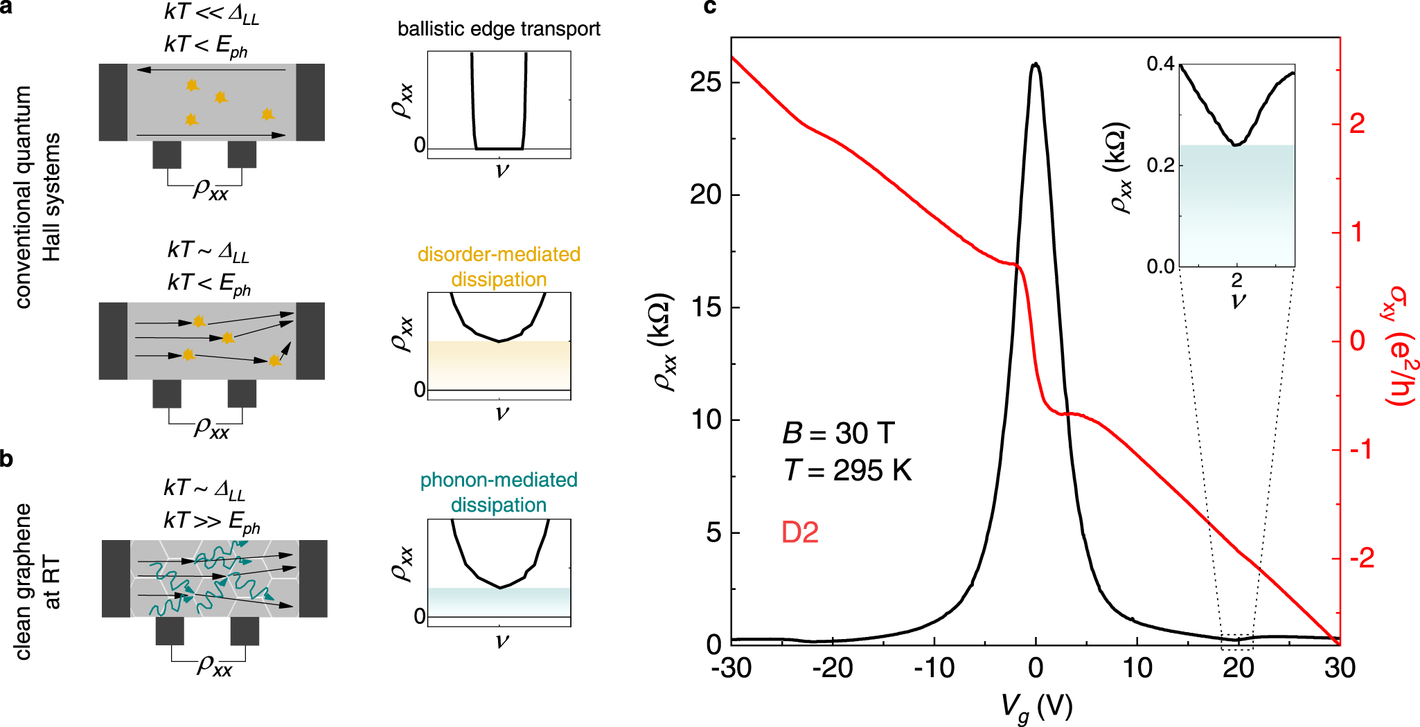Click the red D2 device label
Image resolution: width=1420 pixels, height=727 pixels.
click(x=800, y=532)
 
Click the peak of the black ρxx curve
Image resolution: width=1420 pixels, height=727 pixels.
click(x=1036, y=64)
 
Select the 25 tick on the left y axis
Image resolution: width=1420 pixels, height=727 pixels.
click(x=705, y=82)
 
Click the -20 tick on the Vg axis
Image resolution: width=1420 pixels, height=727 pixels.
click(x=833, y=668)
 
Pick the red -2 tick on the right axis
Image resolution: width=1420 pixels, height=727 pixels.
click(x=1363, y=558)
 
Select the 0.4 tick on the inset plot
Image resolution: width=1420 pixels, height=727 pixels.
click(x=1160, y=64)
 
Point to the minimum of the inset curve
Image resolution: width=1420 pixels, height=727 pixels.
click(x=1236, y=145)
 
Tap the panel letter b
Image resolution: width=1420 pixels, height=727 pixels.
click(x=6, y=458)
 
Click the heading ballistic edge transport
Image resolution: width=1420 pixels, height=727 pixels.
click(x=499, y=29)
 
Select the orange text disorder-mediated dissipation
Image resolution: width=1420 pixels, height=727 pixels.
click(x=499, y=267)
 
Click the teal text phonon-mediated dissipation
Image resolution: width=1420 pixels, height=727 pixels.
click(x=499, y=492)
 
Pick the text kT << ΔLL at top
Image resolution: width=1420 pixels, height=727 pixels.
click(x=211, y=14)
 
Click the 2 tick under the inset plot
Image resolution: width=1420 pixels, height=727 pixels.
click(x=1237, y=280)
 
